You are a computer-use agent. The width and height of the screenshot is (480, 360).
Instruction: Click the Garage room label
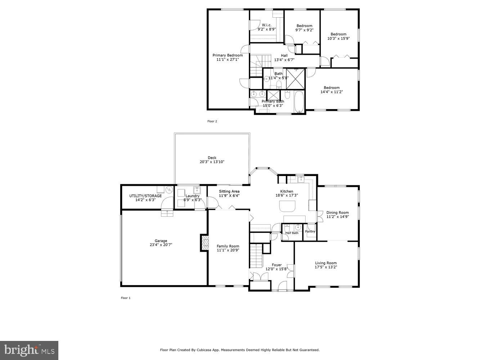tap(161, 241)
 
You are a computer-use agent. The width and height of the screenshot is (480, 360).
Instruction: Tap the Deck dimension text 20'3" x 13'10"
tap(212, 162)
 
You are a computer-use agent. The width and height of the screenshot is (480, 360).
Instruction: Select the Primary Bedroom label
tap(228, 55)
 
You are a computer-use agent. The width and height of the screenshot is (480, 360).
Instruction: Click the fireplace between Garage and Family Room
tap(205, 243)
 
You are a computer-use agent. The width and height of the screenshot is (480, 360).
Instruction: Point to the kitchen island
tap(288, 206)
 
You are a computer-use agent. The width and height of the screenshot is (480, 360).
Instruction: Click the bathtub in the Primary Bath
tap(299, 102)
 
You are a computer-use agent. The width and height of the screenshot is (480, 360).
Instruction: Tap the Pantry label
tap(310, 231)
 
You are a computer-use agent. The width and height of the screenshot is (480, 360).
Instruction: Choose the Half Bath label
tap(292, 233)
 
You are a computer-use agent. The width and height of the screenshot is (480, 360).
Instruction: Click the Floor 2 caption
tap(212, 121)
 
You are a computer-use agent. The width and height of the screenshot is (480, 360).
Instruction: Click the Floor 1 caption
tap(125, 298)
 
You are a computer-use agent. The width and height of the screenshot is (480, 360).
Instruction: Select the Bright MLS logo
tap(29, 350)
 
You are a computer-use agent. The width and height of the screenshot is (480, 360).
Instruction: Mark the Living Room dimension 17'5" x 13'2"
tap(326, 267)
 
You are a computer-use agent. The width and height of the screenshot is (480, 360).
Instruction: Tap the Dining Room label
tap(337, 212)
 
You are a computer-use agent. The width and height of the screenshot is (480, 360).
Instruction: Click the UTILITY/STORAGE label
tap(145, 196)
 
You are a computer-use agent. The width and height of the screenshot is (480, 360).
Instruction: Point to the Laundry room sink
tap(197, 190)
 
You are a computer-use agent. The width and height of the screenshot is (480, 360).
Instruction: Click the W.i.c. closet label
tap(266, 25)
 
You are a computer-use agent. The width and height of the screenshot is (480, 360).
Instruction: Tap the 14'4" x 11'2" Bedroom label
tap(331, 87)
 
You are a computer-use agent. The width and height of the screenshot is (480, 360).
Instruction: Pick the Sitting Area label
tap(229, 192)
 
